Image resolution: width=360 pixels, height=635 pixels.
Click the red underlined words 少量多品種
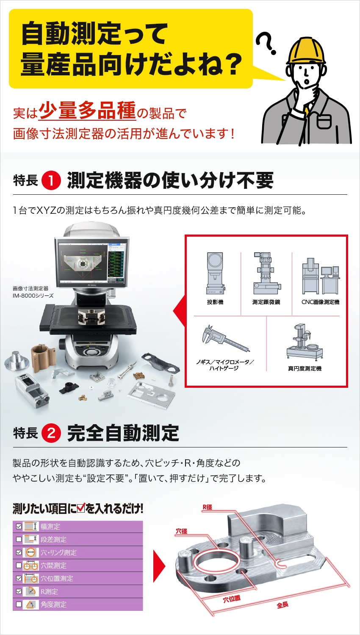click(x=87, y=110)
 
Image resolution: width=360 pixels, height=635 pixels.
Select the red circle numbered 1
click(x=52, y=181)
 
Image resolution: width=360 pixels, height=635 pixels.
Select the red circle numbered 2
click(x=52, y=433)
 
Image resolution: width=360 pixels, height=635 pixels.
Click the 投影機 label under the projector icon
click(x=215, y=302)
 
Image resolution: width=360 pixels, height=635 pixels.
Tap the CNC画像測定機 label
click(x=320, y=302)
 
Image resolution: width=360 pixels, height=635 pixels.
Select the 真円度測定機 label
click(x=305, y=369)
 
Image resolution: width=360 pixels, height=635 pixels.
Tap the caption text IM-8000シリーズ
click(x=33, y=295)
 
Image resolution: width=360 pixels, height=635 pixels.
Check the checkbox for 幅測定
click(x=19, y=527)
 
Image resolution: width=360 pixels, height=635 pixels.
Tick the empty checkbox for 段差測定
click(x=19, y=539)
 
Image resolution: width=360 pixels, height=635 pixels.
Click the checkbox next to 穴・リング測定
click(x=19, y=552)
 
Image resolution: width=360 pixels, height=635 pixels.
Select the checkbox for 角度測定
click(x=19, y=605)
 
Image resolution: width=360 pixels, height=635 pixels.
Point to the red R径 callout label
click(x=207, y=507)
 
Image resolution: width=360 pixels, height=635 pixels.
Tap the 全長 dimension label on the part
click(x=282, y=605)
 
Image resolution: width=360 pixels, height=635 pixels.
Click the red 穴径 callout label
click(x=181, y=531)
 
